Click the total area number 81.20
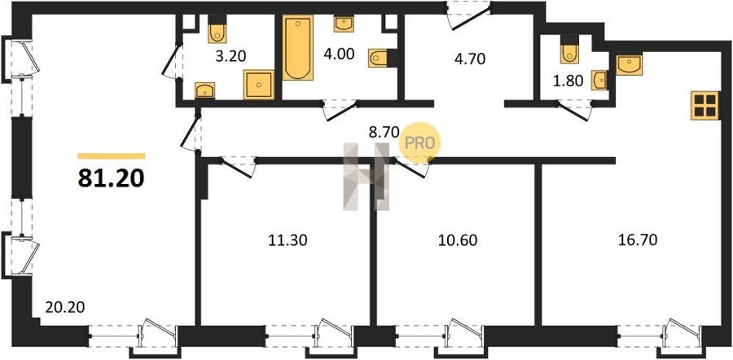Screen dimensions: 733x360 point(112,178)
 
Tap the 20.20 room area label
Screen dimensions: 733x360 point(65,307)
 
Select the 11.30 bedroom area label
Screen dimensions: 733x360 point(287,240)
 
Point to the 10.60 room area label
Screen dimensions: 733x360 point(458,240)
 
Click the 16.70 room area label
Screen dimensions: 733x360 point(638,240)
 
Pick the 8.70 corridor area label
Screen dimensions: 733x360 point(384,132)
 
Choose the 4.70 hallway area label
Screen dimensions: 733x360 point(470,59)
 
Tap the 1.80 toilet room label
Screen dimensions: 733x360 point(568,81)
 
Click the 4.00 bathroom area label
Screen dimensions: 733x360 point(339,53)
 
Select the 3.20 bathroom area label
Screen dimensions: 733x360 point(231,56)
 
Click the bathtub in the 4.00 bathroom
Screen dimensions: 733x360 point(298,48)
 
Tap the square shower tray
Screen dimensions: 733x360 point(259,85)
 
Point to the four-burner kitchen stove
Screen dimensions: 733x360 point(705,105)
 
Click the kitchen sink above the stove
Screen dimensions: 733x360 point(630,64)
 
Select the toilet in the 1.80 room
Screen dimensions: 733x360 point(569,50)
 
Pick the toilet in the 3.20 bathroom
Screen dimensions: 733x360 point(217,29)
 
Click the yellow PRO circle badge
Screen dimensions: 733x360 point(419,143)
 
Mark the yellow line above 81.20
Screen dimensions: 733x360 point(112,156)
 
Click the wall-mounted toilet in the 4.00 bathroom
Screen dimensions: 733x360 point(382,58)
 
